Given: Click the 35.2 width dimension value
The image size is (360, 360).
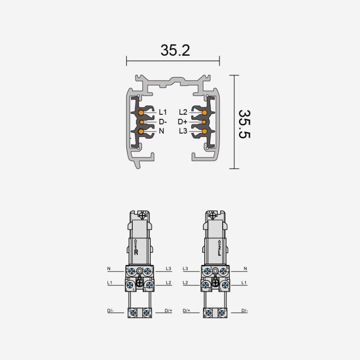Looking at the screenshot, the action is point(175,50).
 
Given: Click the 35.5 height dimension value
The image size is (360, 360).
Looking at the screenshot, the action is point(244,124).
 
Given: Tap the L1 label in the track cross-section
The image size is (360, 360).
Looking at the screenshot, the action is point(162,112).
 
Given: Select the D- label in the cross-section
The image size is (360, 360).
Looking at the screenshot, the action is point(162,121).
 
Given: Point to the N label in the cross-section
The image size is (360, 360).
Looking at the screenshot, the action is point(162,131).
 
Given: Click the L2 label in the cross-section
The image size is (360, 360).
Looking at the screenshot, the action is point(183,112).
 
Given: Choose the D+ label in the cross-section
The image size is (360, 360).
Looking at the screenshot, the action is point(183,121).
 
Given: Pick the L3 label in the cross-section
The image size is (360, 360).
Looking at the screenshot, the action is point(183,131).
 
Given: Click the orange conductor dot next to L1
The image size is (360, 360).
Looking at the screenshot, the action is point(141,112).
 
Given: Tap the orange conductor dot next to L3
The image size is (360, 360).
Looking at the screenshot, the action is point(204,131).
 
